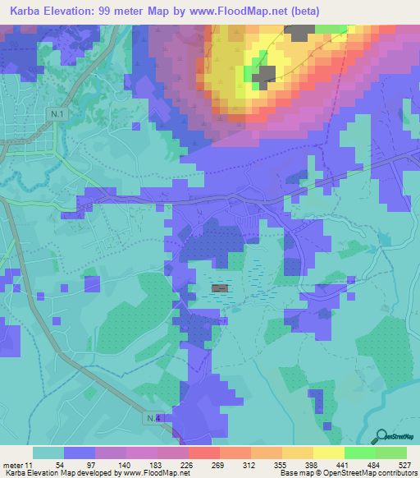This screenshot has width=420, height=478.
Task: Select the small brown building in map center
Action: click(221, 288)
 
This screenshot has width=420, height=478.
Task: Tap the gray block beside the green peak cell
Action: click(265, 76)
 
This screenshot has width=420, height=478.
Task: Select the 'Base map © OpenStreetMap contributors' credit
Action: click(346, 474)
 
